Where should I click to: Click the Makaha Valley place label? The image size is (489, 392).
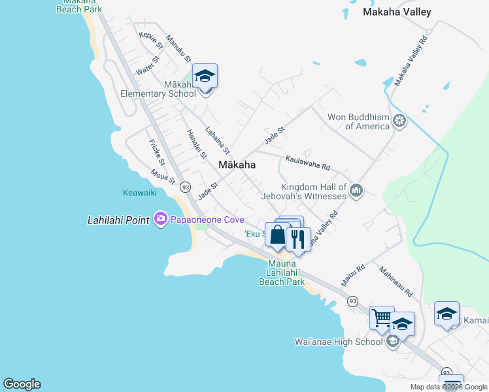[x=397, y=12]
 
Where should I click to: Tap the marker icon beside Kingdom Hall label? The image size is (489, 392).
[x=356, y=191]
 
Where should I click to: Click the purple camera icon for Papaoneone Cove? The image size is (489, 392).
[x=161, y=220]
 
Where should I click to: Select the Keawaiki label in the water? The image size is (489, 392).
[x=139, y=193]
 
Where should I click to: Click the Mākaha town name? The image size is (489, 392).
[x=237, y=165]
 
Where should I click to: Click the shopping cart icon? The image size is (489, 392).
[x=382, y=319]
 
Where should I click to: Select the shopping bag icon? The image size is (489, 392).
[x=277, y=235]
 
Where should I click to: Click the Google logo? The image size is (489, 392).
[x=22, y=384]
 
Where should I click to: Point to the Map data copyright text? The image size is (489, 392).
[x=448, y=387]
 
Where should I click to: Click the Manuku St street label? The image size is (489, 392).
[x=177, y=48]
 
